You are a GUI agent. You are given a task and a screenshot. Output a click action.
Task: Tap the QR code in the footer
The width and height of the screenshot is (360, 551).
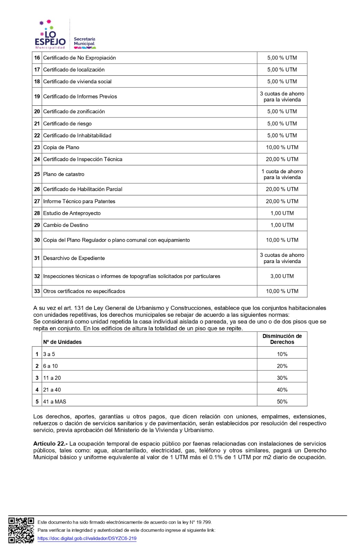[x=21, y=530]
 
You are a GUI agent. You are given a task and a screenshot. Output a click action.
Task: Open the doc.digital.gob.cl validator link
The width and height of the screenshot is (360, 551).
[x=87, y=538]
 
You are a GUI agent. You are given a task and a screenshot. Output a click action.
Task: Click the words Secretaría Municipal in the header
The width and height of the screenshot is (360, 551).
[x=84, y=42]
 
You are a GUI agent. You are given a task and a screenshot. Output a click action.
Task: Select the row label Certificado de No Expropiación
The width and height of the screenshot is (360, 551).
[x=80, y=58]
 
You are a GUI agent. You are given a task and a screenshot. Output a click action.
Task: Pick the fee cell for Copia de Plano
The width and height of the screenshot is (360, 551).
[x=282, y=147]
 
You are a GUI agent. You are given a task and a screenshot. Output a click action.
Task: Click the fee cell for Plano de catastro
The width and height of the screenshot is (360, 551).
[x=282, y=174]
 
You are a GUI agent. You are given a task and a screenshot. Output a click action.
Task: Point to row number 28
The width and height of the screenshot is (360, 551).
[x=37, y=213]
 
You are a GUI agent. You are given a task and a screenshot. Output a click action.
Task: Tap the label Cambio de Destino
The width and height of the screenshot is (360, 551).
[x=66, y=225]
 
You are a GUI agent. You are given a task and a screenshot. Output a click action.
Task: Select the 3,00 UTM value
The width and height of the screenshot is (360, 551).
[x=282, y=276]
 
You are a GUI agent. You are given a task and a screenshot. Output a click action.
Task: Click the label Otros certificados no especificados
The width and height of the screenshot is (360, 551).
[x=84, y=291]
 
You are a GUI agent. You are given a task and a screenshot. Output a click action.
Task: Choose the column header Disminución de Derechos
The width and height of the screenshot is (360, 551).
[x=282, y=339]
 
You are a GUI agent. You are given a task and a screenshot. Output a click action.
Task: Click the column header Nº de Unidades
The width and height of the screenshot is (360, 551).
[x=62, y=342]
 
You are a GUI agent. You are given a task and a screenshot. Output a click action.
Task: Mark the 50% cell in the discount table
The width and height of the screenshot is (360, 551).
[x=282, y=402]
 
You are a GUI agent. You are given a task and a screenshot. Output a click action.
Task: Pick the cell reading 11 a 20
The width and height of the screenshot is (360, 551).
[x=52, y=378]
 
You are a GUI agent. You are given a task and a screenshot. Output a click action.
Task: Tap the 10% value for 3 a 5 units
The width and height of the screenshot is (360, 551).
[x=282, y=354]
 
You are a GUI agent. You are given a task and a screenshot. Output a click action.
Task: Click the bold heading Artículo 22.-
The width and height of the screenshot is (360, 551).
[x=50, y=444]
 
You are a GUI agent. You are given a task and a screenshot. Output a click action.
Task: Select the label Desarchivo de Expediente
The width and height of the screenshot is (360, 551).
[x=74, y=258]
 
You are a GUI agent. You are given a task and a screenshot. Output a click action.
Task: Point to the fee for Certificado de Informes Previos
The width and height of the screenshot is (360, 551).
[x=282, y=97]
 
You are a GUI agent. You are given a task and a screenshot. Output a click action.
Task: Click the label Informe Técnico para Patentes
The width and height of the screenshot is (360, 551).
[x=79, y=201]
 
